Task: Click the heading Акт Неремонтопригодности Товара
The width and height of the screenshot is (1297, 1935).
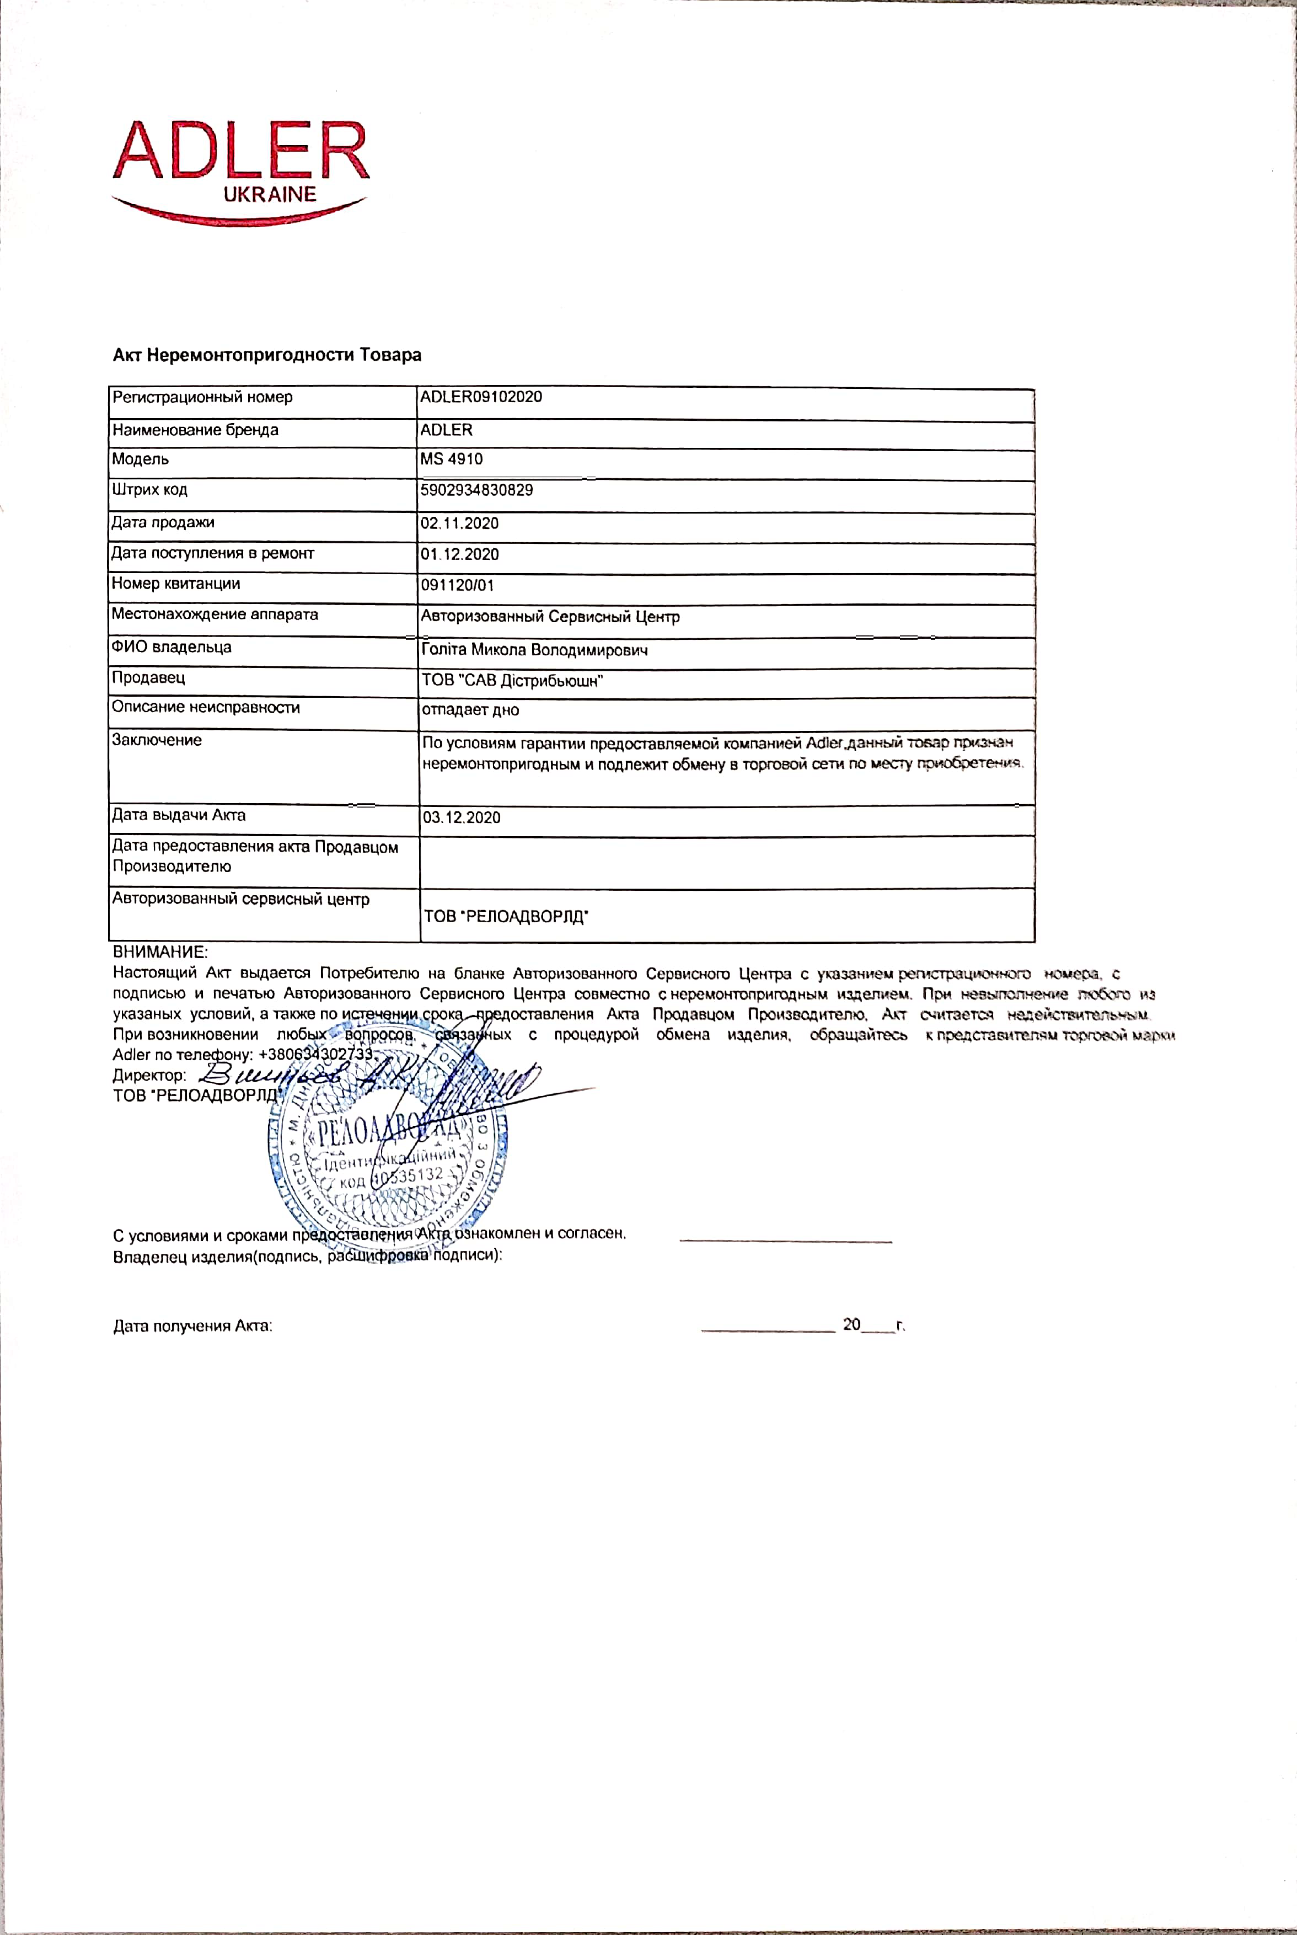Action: tap(267, 355)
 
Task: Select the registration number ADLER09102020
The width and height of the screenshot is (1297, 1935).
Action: tap(481, 397)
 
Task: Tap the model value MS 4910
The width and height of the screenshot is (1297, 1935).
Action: tap(451, 459)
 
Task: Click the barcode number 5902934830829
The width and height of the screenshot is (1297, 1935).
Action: tap(476, 490)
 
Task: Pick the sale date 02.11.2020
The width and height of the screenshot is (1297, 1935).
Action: tap(459, 523)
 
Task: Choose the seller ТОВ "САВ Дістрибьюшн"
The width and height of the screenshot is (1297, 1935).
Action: tap(512, 681)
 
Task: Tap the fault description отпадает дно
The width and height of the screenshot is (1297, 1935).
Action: tap(470, 710)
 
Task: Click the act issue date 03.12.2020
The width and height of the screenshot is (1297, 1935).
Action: tap(462, 818)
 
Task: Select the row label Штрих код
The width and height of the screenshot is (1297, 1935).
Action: tap(150, 490)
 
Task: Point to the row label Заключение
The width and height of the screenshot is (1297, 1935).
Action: tap(157, 740)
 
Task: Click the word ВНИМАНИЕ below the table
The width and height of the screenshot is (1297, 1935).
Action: tap(160, 952)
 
